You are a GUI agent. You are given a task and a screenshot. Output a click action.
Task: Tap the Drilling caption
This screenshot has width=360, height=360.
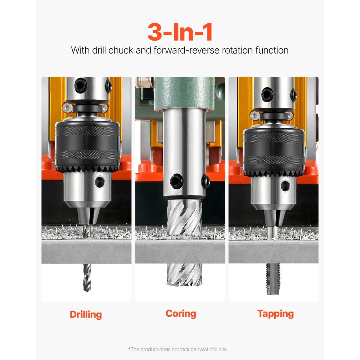coord(86,314)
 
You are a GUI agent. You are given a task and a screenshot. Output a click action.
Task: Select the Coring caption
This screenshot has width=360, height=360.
coord(181,313)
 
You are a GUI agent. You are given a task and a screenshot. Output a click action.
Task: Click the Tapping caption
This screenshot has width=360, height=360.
coord(275,313)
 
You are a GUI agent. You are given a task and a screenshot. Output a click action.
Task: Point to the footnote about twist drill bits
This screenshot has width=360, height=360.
coord(178,349)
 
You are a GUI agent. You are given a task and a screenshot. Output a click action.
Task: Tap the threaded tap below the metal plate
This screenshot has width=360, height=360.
coord(273,279)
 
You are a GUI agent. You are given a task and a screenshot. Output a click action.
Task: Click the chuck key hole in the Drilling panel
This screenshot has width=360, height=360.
coord(99,182)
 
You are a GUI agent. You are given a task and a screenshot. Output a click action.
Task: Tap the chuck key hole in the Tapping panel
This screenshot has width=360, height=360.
coord(285,186)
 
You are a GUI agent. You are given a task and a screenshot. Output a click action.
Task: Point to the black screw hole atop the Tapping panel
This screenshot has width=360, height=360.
coord(267,94)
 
